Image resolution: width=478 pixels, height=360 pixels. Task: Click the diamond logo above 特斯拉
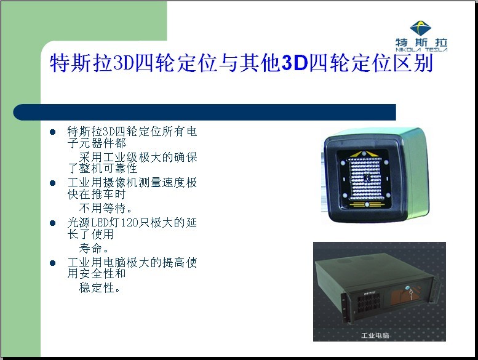coord(420,28)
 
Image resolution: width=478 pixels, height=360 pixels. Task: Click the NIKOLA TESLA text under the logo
coord(421,50)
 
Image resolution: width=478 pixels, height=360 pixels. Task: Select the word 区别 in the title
coord(413,63)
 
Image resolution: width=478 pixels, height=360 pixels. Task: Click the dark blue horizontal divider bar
coord(205,112)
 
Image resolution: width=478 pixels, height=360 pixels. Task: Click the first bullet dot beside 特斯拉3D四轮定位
coord(52,132)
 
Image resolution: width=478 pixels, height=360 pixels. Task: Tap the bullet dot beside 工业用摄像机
coord(52,183)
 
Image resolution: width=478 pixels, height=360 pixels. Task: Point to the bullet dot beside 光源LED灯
coord(52,223)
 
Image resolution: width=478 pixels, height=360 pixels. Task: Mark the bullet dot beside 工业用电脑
coord(52,263)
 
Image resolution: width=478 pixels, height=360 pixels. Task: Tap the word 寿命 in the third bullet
coord(90,248)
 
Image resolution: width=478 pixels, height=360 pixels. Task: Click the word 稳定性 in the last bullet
coord(97,287)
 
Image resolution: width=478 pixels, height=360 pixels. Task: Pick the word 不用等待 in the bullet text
coord(102,208)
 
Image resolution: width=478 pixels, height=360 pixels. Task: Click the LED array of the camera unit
coord(365,178)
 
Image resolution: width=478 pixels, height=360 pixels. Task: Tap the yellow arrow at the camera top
coord(365,154)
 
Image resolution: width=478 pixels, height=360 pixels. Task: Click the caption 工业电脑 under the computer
coord(375,335)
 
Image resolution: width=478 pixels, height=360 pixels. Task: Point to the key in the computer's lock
coord(410,295)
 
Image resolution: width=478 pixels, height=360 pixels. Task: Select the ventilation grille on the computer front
coord(368,303)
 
